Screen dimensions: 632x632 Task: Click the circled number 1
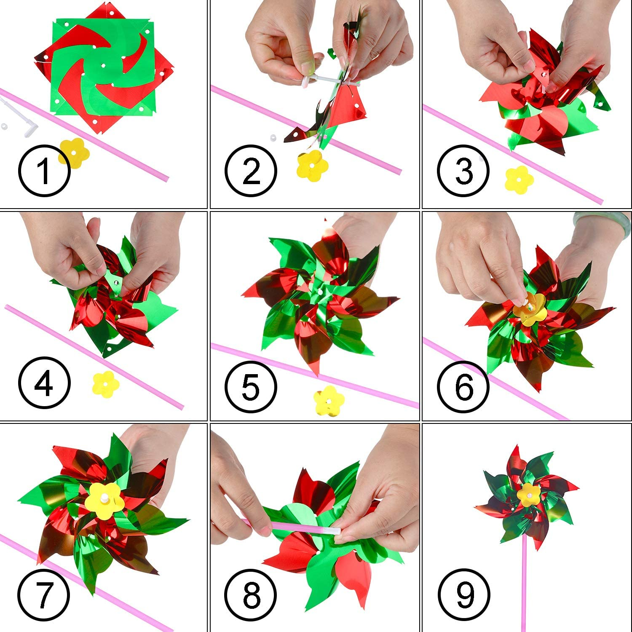coord(44,170)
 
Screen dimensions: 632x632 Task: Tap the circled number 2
coord(251,171)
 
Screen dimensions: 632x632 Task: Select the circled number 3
coord(463,171)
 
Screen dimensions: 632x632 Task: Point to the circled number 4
coord(44,383)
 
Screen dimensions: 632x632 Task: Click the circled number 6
coord(463,386)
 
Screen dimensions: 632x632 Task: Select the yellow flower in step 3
coord(520,179)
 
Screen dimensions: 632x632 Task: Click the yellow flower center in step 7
coord(103,501)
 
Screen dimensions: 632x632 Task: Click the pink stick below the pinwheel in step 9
coord(525,590)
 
